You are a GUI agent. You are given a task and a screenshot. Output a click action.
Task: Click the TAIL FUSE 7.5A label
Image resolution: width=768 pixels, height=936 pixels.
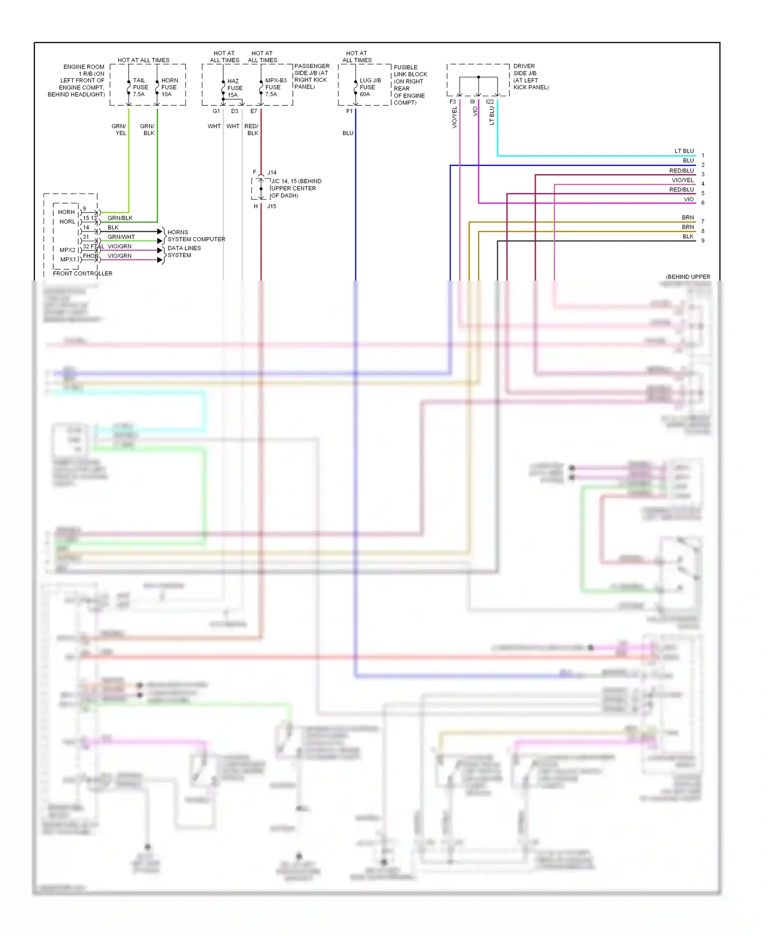click(140, 88)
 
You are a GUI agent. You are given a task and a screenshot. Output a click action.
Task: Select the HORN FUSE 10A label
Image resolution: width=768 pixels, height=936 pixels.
click(169, 88)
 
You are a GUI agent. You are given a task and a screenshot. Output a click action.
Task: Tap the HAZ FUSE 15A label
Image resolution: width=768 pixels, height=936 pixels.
click(234, 88)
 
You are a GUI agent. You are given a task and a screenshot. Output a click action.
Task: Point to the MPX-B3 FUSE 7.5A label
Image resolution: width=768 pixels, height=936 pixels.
click(275, 88)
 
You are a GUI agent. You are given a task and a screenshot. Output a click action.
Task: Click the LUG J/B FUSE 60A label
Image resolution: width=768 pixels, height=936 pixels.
click(370, 88)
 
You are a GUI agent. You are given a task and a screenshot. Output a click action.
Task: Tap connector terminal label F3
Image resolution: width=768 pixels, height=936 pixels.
click(453, 102)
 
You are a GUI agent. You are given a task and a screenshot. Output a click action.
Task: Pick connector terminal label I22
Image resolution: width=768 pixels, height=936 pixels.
click(490, 102)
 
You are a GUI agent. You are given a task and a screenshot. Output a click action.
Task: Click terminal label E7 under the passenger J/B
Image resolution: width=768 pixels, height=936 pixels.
click(253, 111)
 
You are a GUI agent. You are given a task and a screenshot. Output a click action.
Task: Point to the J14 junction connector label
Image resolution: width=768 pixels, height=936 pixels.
click(272, 173)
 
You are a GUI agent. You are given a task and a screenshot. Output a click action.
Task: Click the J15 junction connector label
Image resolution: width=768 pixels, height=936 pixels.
click(271, 206)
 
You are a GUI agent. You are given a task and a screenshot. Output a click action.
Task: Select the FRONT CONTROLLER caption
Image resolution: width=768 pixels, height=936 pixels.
click(82, 273)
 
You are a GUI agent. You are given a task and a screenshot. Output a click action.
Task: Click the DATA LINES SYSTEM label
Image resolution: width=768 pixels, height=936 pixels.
click(184, 251)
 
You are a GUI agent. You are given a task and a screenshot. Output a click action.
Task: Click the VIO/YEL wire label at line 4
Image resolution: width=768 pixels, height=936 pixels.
click(682, 180)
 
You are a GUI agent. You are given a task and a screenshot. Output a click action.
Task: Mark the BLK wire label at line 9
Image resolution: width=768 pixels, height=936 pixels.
click(688, 237)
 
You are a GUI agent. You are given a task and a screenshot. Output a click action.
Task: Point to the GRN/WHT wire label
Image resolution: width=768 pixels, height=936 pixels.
click(121, 237)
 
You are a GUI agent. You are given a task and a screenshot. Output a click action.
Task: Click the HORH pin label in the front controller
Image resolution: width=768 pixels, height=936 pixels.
click(66, 212)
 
